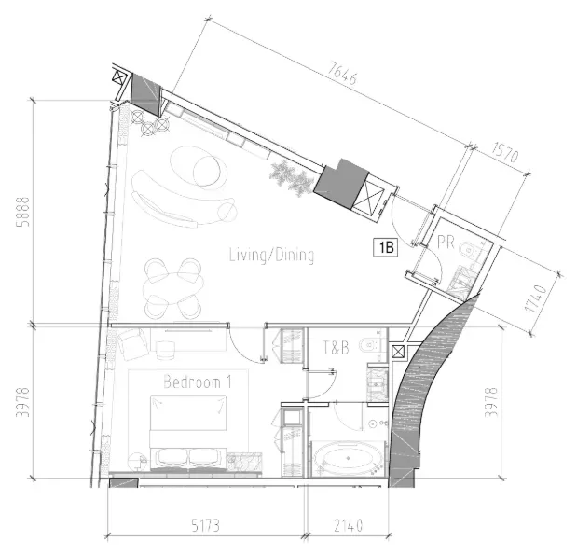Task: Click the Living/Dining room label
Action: pos(271,256)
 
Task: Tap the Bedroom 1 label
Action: pos(198,382)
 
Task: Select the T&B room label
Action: pos(336,348)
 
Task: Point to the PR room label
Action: pos(446,243)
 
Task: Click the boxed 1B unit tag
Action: pos(386,247)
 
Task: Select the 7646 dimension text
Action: pos(342,74)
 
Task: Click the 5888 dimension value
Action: pos(22,212)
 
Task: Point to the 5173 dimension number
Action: pos(206,525)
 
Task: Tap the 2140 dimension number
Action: pos(348,525)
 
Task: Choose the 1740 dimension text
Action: pos(536,298)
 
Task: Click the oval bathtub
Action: pos(348,458)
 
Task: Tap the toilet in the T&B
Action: pos(369,345)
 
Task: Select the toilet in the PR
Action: pos(468,250)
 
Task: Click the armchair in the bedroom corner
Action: pos(132,344)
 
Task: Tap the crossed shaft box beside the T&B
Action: pos(398,352)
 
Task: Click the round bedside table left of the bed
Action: pos(137,461)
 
